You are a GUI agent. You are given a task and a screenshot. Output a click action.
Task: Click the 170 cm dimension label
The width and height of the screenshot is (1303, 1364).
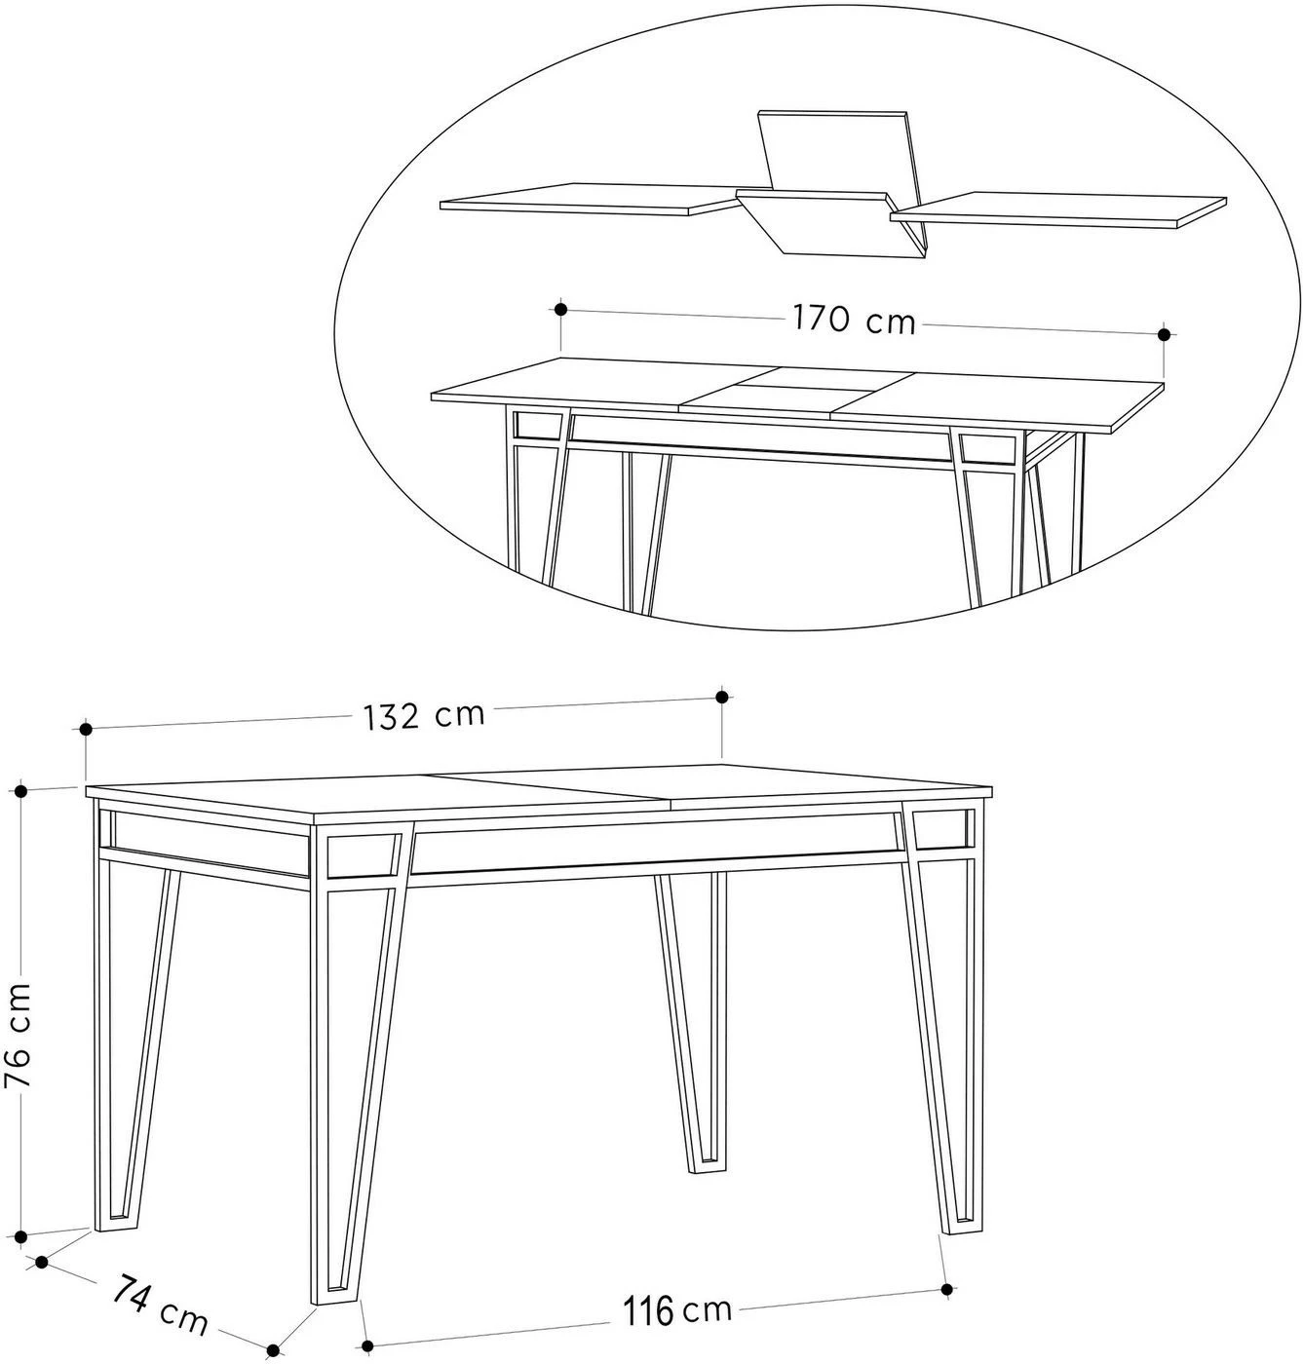point(854,320)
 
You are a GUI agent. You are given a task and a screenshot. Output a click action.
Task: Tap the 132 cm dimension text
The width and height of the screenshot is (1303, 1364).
point(424,716)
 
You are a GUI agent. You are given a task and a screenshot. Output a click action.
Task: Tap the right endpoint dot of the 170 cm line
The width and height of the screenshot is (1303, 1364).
point(1165,334)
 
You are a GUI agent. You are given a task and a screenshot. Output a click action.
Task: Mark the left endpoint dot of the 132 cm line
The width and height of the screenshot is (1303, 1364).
point(87,730)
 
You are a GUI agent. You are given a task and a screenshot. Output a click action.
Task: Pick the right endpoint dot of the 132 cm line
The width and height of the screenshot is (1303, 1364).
point(721,696)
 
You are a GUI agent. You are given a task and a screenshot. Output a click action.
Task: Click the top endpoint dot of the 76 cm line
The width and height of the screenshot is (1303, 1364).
point(21,791)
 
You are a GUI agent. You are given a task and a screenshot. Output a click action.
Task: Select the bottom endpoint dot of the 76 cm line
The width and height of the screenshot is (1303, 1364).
point(21,1235)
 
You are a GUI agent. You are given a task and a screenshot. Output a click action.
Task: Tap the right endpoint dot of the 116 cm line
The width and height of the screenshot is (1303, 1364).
point(946,1288)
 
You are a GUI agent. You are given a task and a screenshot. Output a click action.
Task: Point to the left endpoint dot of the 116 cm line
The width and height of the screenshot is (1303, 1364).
point(366,1345)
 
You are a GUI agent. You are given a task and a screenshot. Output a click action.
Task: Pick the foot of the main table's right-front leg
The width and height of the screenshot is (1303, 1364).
point(962,1228)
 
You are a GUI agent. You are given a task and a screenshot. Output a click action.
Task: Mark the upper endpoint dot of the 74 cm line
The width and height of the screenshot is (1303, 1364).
point(41,1262)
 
